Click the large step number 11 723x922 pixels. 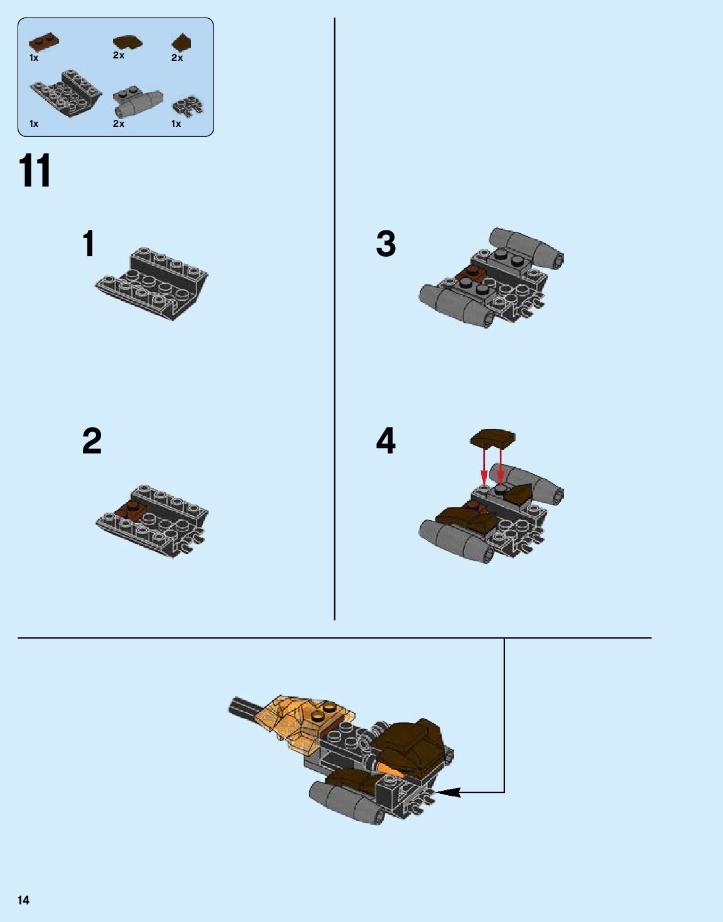(35, 170)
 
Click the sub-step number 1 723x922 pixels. (88, 244)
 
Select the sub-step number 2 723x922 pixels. (92, 441)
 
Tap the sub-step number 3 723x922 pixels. (386, 244)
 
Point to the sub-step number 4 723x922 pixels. (386, 441)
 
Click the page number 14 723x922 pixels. (24, 901)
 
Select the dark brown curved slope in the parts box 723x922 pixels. (128, 43)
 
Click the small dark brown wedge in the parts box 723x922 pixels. (182, 42)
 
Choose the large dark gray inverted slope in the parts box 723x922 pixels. (66, 94)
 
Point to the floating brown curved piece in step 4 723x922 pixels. (492, 438)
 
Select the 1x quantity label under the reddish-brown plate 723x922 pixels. (34, 58)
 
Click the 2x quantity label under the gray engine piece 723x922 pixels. (119, 124)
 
